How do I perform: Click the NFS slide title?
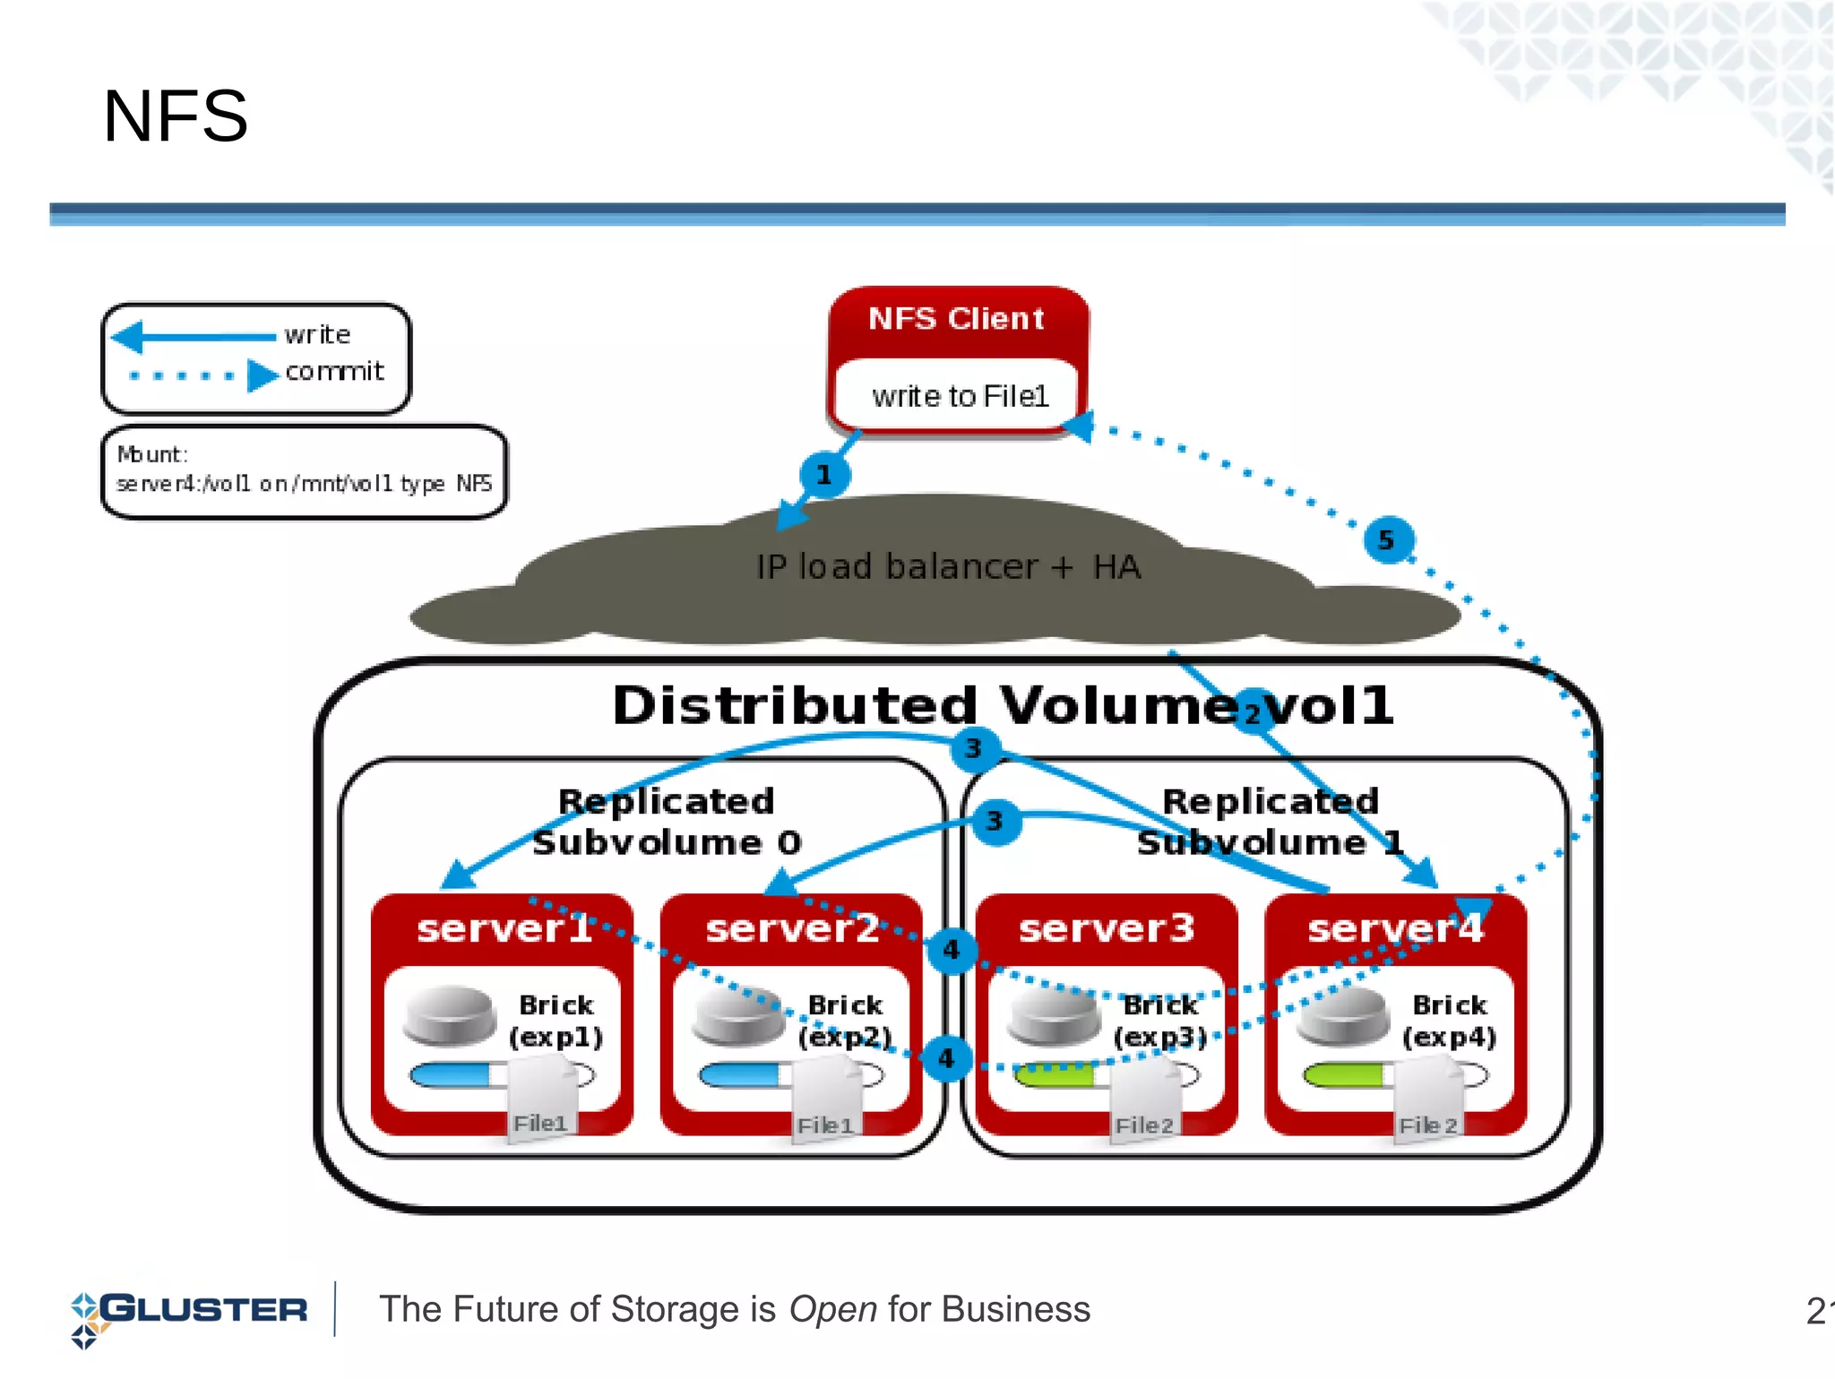click(x=175, y=116)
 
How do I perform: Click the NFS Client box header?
click(x=956, y=319)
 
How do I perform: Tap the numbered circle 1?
click(x=823, y=475)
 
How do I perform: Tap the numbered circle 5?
click(x=1387, y=539)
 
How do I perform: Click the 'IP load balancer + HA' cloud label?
click(x=948, y=567)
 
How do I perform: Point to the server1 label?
click(x=504, y=928)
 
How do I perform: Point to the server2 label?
click(x=792, y=928)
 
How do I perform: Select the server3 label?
click(x=1107, y=928)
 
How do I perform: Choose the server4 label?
click(x=1395, y=928)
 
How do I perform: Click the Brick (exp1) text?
click(x=556, y=1021)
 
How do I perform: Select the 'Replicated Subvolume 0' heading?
click(x=666, y=822)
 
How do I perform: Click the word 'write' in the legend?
click(x=317, y=335)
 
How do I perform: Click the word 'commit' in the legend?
click(x=334, y=371)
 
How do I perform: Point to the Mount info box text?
click(x=304, y=470)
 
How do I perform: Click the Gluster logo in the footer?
click(x=189, y=1312)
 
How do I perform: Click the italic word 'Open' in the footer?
click(x=832, y=1310)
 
